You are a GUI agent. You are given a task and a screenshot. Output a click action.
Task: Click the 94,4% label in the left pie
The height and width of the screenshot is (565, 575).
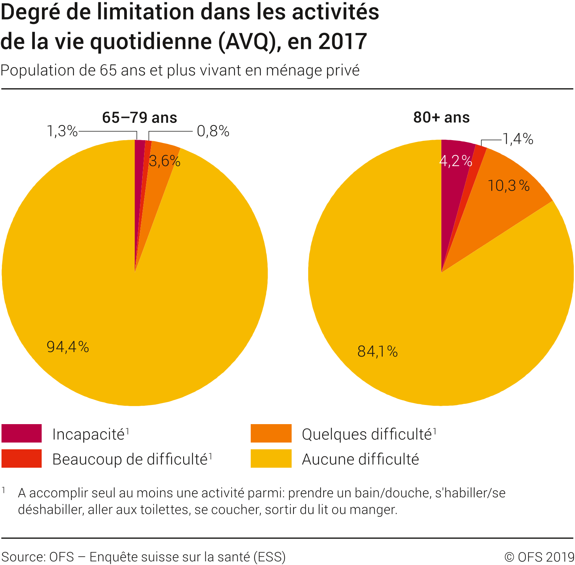pyautogui.click(x=68, y=346)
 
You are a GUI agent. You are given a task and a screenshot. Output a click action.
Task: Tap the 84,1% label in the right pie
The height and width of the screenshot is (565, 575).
pyautogui.click(x=377, y=351)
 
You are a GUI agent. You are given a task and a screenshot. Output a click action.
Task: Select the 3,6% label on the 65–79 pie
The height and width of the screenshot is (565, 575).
pyautogui.click(x=165, y=161)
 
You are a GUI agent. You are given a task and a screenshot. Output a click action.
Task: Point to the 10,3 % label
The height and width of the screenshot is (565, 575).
pyautogui.click(x=509, y=186)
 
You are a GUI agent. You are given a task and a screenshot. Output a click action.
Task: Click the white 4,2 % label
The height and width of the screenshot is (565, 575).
pyautogui.click(x=455, y=161)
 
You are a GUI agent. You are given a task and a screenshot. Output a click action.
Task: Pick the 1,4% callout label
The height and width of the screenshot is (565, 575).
pyautogui.click(x=518, y=139)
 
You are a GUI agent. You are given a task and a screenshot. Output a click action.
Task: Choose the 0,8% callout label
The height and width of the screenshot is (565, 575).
pyautogui.click(x=213, y=131)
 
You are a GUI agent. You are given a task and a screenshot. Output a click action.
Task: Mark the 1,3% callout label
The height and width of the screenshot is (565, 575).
pyautogui.click(x=62, y=131)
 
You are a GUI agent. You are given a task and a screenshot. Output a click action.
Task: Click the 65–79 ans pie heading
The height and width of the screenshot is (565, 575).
pyautogui.click(x=140, y=118)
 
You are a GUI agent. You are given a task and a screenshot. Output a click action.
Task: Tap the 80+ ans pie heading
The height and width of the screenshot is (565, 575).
pyautogui.click(x=441, y=118)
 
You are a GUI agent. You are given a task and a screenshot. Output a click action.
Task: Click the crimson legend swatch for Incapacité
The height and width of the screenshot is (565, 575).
pyautogui.click(x=21, y=434)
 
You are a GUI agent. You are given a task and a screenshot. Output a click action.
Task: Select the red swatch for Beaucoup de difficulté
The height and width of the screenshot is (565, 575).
pyautogui.click(x=21, y=459)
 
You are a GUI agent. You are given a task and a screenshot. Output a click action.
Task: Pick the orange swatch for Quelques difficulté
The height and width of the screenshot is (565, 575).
pyautogui.click(x=271, y=434)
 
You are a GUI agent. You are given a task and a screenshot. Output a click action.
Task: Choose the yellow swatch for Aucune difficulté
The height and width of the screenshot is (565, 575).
pyautogui.click(x=271, y=459)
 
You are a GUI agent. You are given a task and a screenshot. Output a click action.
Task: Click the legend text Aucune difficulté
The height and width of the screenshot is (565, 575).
pyautogui.click(x=360, y=459)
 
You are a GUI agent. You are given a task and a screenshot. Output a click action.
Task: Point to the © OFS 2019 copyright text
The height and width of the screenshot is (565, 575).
pyautogui.click(x=539, y=557)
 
